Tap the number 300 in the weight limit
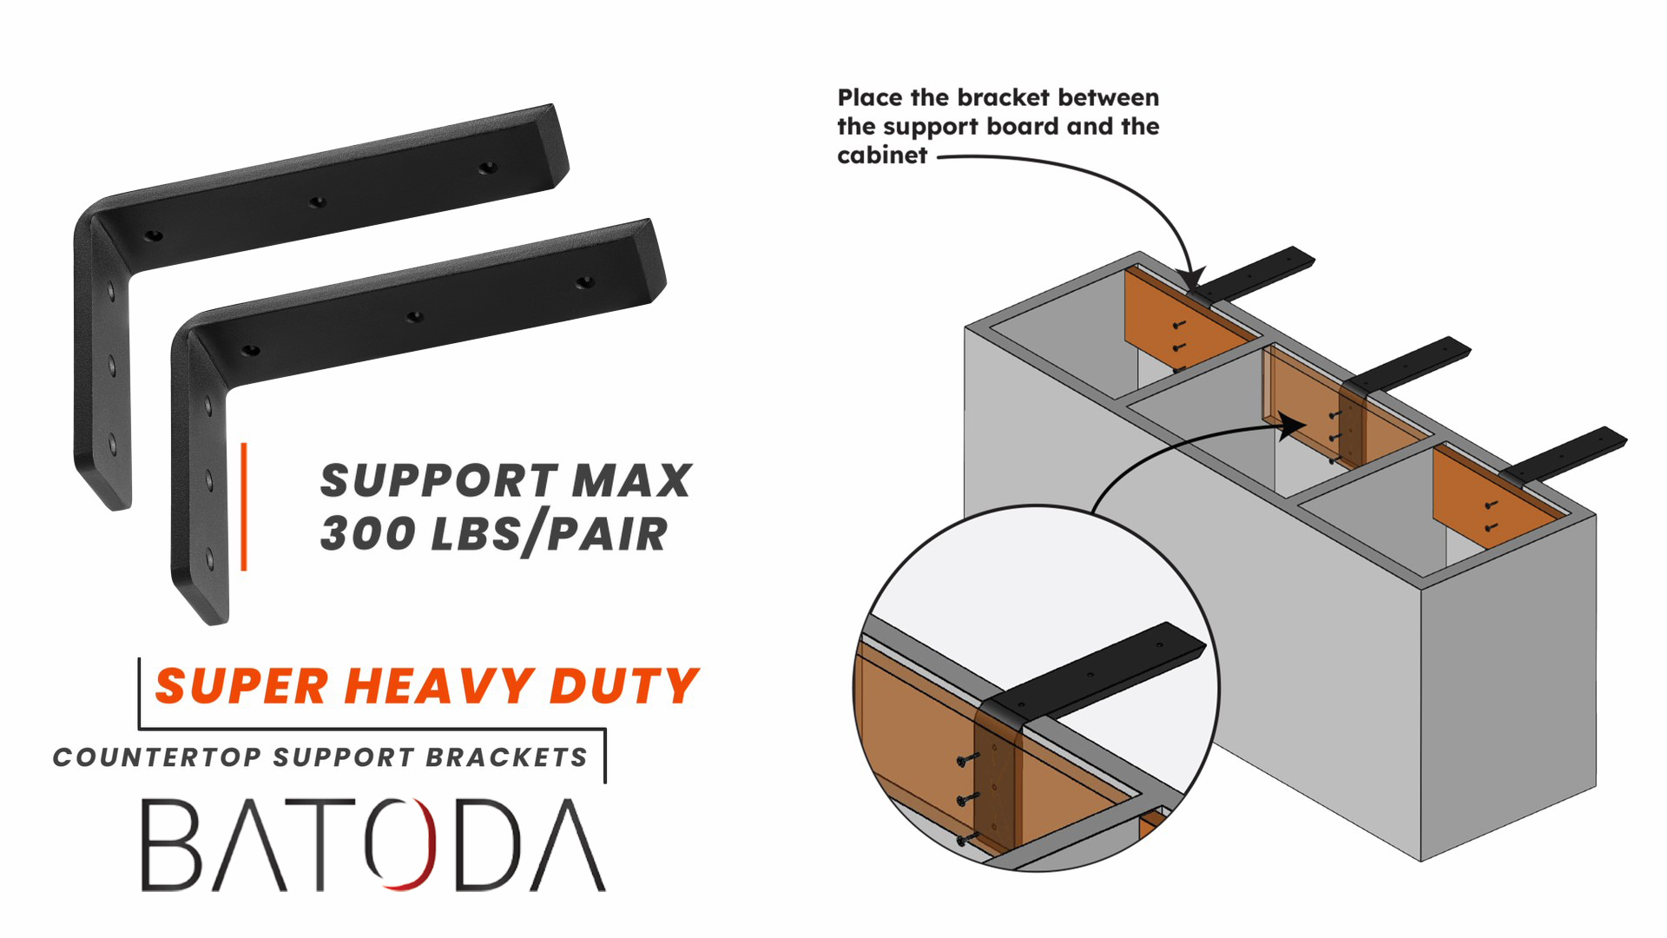click(368, 533)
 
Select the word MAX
click(631, 480)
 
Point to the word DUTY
click(623, 686)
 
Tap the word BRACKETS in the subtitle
click(506, 757)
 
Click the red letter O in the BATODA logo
click(400, 844)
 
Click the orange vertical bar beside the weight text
click(244, 506)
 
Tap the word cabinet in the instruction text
click(882, 155)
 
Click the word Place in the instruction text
click(870, 97)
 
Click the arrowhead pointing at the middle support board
click(1295, 425)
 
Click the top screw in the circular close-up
click(966, 759)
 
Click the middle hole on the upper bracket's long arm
click(318, 201)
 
